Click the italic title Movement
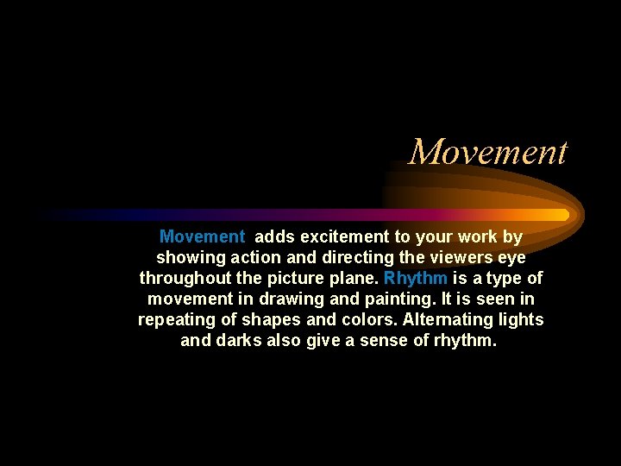[x=488, y=153]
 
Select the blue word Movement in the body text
[x=202, y=236]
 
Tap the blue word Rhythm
[x=416, y=278]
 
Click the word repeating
[x=176, y=319]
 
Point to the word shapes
[x=268, y=319]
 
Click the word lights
[x=521, y=319]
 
